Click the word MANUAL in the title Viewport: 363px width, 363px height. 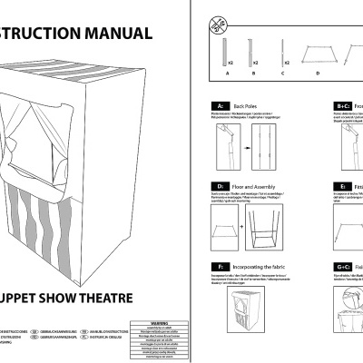click(x=117, y=34)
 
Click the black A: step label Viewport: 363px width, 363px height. click(x=219, y=106)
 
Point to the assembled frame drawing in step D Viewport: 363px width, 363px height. click(x=270, y=224)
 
